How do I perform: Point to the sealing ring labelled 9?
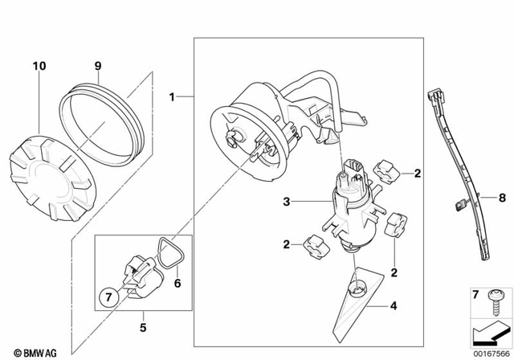104,121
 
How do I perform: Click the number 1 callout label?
172,97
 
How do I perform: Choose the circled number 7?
108,298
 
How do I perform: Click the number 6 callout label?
178,283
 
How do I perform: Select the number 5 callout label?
144,328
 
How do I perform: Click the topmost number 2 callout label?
418,173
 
